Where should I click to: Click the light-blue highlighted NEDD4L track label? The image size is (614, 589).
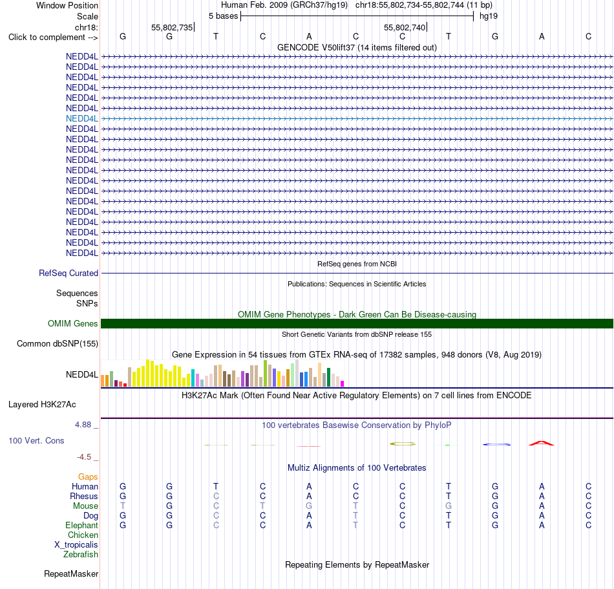82,119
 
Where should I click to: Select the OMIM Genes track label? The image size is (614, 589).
73,323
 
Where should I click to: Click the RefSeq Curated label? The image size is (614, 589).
69,273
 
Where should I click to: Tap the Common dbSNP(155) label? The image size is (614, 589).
58,343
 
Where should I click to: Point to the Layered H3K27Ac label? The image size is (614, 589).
42,404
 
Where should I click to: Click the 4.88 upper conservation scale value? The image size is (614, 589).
83,425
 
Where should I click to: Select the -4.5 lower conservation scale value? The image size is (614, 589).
84,456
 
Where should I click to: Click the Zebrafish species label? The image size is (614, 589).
81,554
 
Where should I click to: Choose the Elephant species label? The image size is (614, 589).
82,525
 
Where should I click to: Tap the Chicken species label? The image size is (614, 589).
83,535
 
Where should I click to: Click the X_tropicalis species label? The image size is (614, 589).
76,545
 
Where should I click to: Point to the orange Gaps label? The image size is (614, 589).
88,477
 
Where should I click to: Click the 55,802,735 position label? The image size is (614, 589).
172,27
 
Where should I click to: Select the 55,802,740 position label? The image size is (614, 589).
405,27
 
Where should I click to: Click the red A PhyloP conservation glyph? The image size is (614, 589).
542,444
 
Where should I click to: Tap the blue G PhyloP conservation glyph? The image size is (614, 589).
496,444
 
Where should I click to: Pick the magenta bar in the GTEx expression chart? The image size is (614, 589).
343,384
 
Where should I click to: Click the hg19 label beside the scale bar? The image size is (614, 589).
489,16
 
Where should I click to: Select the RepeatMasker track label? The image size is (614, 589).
71,573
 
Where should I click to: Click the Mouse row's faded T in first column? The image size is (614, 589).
123,506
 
